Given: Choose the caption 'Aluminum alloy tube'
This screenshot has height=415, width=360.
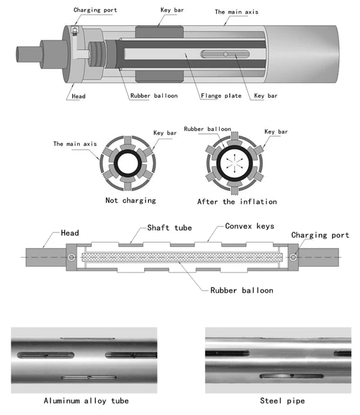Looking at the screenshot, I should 86,400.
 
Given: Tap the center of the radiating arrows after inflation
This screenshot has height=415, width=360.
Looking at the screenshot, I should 236,162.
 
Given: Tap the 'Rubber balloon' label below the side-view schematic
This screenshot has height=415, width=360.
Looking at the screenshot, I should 242,290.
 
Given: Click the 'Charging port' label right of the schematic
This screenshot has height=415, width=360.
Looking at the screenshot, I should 320,235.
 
